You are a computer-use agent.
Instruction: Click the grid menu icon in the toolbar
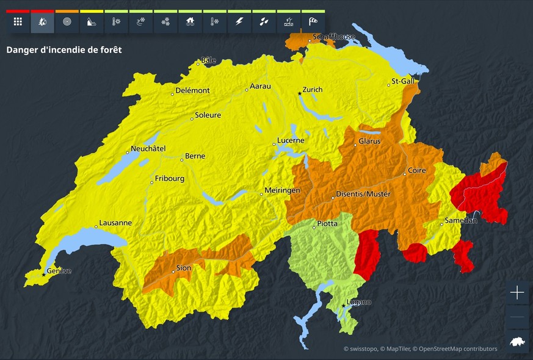[x=18, y=22]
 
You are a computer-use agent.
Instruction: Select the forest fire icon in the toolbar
[x=43, y=22]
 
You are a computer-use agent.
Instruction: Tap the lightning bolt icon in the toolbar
[x=239, y=22]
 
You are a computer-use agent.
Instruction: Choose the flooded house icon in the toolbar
[x=190, y=22]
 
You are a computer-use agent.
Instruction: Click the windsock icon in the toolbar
[x=313, y=22]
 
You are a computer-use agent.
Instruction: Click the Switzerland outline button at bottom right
[x=517, y=342]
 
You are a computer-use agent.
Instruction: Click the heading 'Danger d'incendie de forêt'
[x=64, y=50]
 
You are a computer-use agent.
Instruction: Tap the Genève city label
[x=59, y=271]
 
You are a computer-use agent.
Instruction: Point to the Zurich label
[x=312, y=90]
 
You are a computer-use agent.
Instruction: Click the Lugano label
[x=358, y=302]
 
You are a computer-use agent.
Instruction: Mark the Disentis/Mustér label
[x=363, y=195]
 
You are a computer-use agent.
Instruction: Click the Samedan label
[x=460, y=220]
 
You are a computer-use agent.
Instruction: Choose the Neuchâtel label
[x=148, y=149]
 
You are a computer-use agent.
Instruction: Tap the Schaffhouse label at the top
[x=333, y=37]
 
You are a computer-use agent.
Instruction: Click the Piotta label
[x=327, y=224]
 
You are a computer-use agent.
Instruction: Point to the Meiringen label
[x=282, y=191]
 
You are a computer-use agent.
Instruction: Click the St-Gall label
[x=403, y=82]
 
